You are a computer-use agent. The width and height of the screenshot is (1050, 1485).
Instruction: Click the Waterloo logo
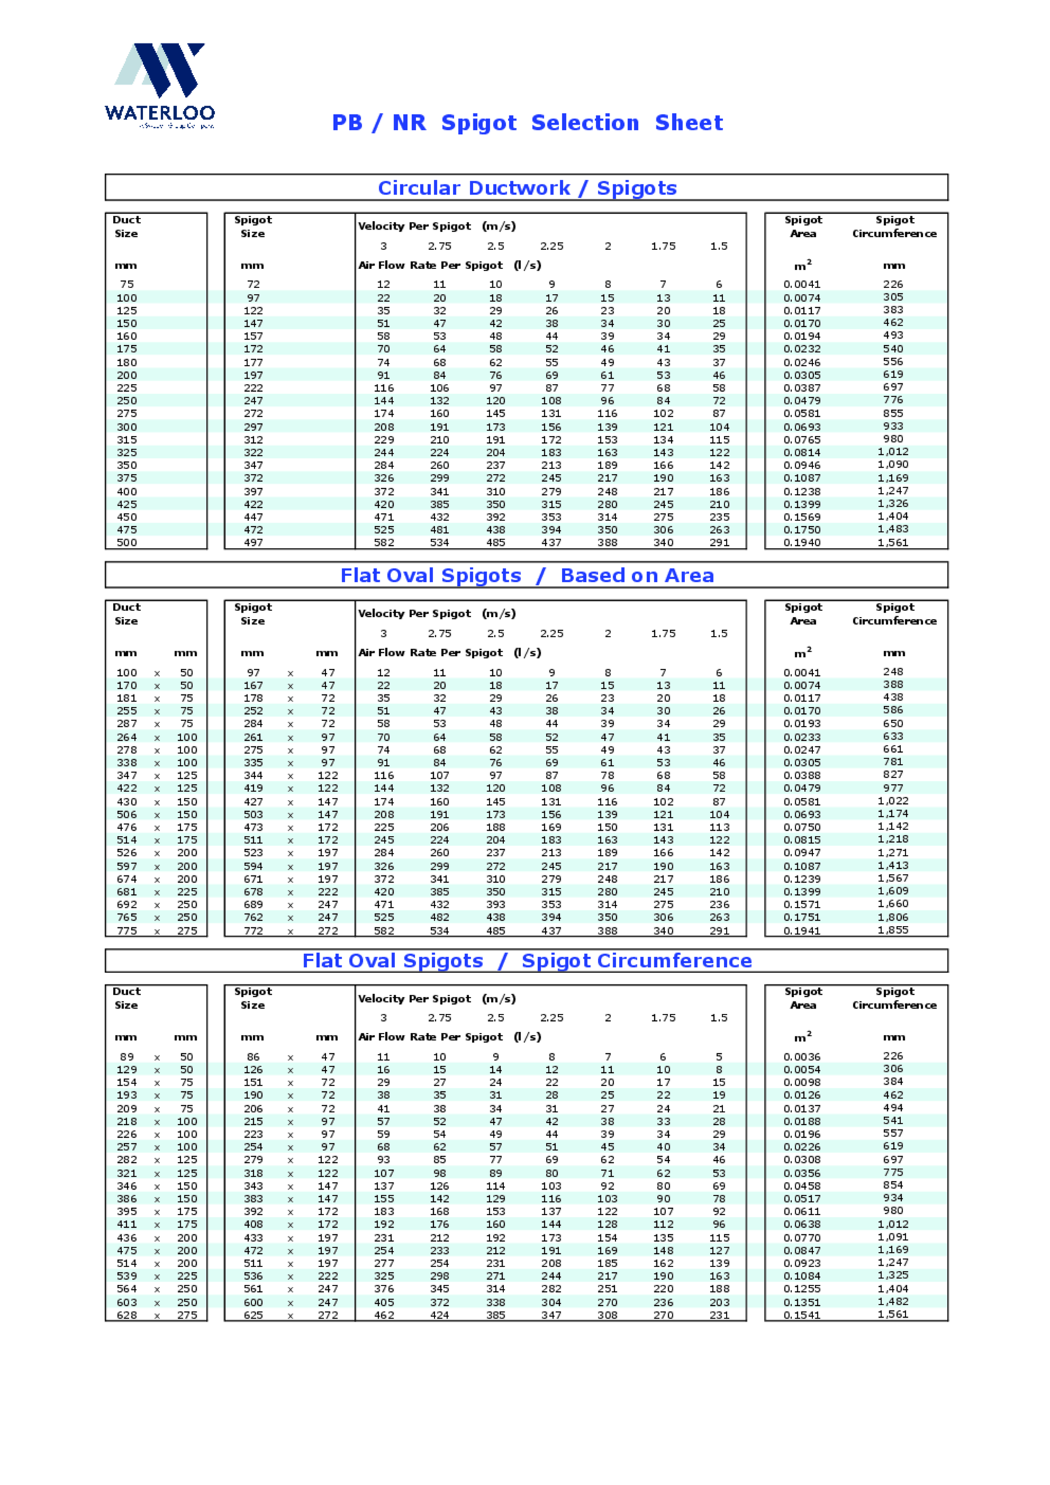tap(159, 85)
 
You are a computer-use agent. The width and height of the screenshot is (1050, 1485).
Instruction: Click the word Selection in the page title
tap(585, 123)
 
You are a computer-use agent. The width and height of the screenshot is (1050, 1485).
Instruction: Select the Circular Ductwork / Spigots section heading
tap(526, 188)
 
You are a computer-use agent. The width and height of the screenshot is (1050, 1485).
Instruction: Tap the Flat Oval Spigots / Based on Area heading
tap(526, 575)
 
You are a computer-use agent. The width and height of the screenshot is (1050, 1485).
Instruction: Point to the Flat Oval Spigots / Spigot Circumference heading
tap(526, 961)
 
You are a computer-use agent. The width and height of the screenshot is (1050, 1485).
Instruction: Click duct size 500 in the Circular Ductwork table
tap(127, 543)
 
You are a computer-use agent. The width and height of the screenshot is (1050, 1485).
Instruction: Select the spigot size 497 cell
tap(253, 543)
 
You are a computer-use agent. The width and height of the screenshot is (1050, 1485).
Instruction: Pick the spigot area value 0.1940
tap(802, 543)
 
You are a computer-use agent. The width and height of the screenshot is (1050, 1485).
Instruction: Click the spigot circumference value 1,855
tap(892, 930)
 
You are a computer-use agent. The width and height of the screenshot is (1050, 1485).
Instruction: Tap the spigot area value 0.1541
tap(802, 1315)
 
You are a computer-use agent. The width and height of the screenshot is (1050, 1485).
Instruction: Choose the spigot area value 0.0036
tap(802, 1057)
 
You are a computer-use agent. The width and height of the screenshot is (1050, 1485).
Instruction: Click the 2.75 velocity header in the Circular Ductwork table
tap(440, 246)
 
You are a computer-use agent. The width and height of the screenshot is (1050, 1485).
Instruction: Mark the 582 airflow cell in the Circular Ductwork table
tap(384, 543)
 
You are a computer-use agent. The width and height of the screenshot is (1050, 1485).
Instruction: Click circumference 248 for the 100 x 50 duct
tap(892, 672)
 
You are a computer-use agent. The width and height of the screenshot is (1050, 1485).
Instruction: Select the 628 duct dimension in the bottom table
tap(127, 1315)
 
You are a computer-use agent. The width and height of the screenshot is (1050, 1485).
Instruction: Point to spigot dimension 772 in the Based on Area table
tap(253, 931)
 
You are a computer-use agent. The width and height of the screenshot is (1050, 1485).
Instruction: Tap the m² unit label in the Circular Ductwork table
tap(803, 265)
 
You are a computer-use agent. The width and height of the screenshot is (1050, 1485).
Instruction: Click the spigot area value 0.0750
tap(802, 827)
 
